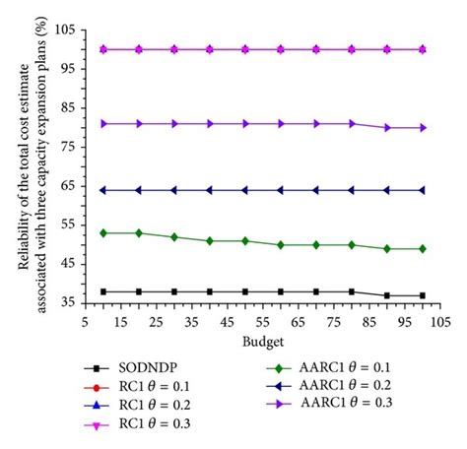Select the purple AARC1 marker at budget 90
387,127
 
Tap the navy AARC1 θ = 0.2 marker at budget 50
245,190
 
